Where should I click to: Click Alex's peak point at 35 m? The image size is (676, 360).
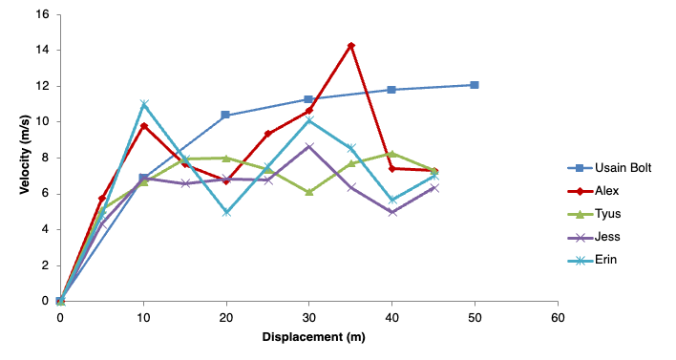click(351, 46)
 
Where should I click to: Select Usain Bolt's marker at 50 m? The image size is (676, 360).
click(475, 85)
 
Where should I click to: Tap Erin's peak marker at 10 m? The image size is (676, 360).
click(144, 104)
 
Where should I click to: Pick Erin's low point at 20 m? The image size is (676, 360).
click(226, 212)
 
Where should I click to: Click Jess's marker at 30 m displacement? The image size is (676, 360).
click(309, 147)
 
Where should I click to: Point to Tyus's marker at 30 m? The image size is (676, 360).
click(309, 192)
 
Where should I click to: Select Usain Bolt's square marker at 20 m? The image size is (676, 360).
click(226, 116)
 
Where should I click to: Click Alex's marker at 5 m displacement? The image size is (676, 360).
click(102, 199)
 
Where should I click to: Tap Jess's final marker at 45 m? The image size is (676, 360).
click(433, 188)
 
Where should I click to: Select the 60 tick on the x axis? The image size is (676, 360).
click(558, 317)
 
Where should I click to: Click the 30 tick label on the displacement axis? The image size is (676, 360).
click(309, 317)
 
